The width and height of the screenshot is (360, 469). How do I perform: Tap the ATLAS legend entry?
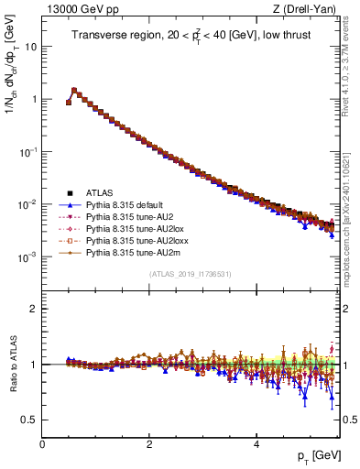pyautogui.click(x=99, y=192)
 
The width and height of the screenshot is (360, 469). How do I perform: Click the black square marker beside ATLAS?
pyautogui.click(x=70, y=192)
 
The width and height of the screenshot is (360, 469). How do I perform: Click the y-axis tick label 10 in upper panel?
pyautogui.click(x=30, y=45)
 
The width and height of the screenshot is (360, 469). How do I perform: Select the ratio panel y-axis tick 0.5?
pyautogui.click(x=28, y=420)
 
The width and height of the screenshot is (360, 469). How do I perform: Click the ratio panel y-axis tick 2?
pyautogui.click(x=34, y=309)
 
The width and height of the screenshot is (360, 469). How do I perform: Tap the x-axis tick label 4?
pyautogui.click(x=256, y=444)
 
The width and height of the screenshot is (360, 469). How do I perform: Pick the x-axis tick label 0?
pyautogui.click(x=42, y=444)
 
